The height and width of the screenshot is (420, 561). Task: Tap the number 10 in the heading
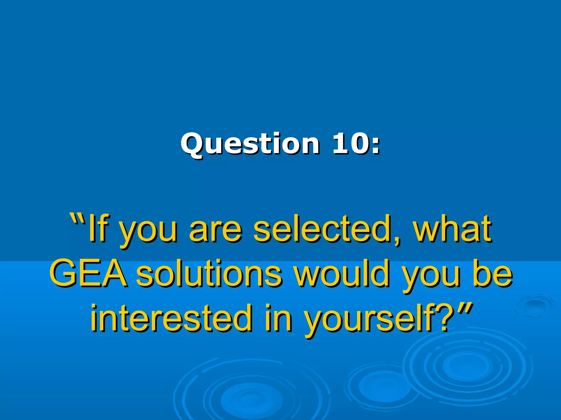point(349,143)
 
